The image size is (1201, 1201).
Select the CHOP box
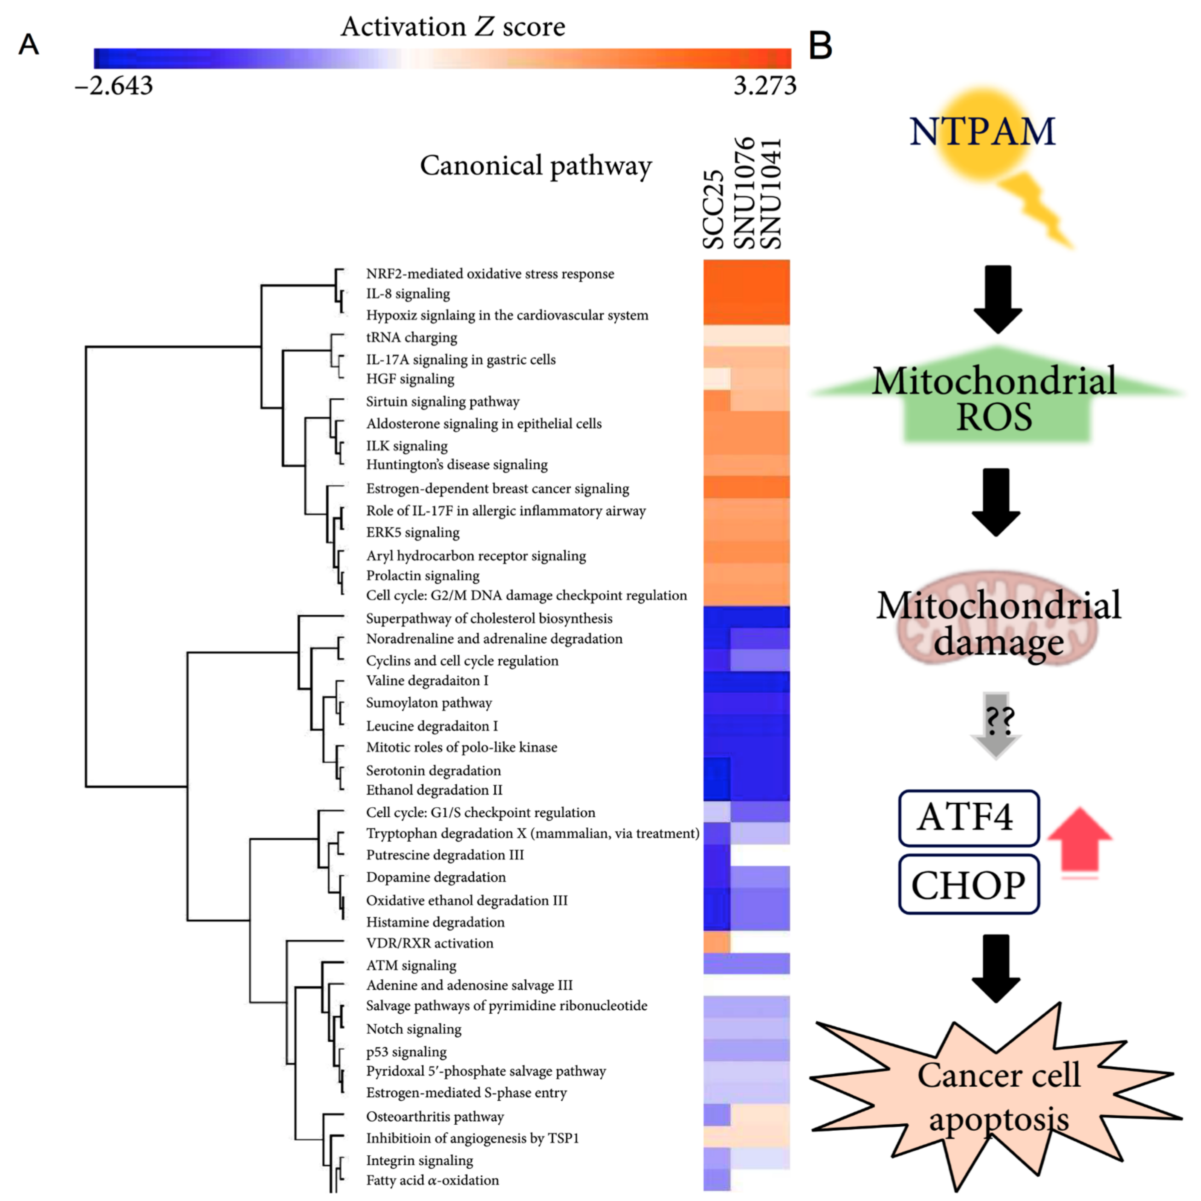[968, 885]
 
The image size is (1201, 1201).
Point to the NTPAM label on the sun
[982, 132]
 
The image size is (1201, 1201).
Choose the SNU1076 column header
[744, 193]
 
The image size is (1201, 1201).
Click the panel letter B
[821, 45]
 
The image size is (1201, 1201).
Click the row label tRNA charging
[412, 338]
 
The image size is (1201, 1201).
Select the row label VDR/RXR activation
[430, 943]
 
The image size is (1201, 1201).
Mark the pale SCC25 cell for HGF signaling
[717, 378]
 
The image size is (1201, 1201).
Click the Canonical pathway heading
[536, 166]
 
